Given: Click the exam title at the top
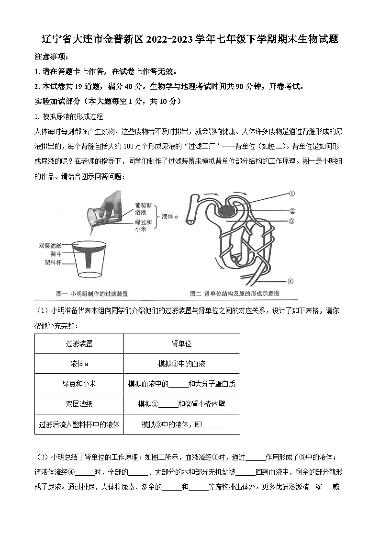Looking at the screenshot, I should [x=190, y=40].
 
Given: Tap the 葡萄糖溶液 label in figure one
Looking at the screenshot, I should [x=143, y=208].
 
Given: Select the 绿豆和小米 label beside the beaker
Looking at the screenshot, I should [x=143, y=226].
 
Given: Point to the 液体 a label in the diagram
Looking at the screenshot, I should [x=170, y=217].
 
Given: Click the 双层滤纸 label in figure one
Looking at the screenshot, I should [x=50, y=246].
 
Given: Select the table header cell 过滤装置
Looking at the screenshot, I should [x=79, y=343].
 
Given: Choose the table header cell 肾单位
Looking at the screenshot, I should [x=181, y=343].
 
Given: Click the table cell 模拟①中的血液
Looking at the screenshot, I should [x=181, y=364].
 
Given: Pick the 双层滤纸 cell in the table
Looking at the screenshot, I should [x=79, y=404].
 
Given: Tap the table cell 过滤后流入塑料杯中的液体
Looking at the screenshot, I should [x=79, y=424].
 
